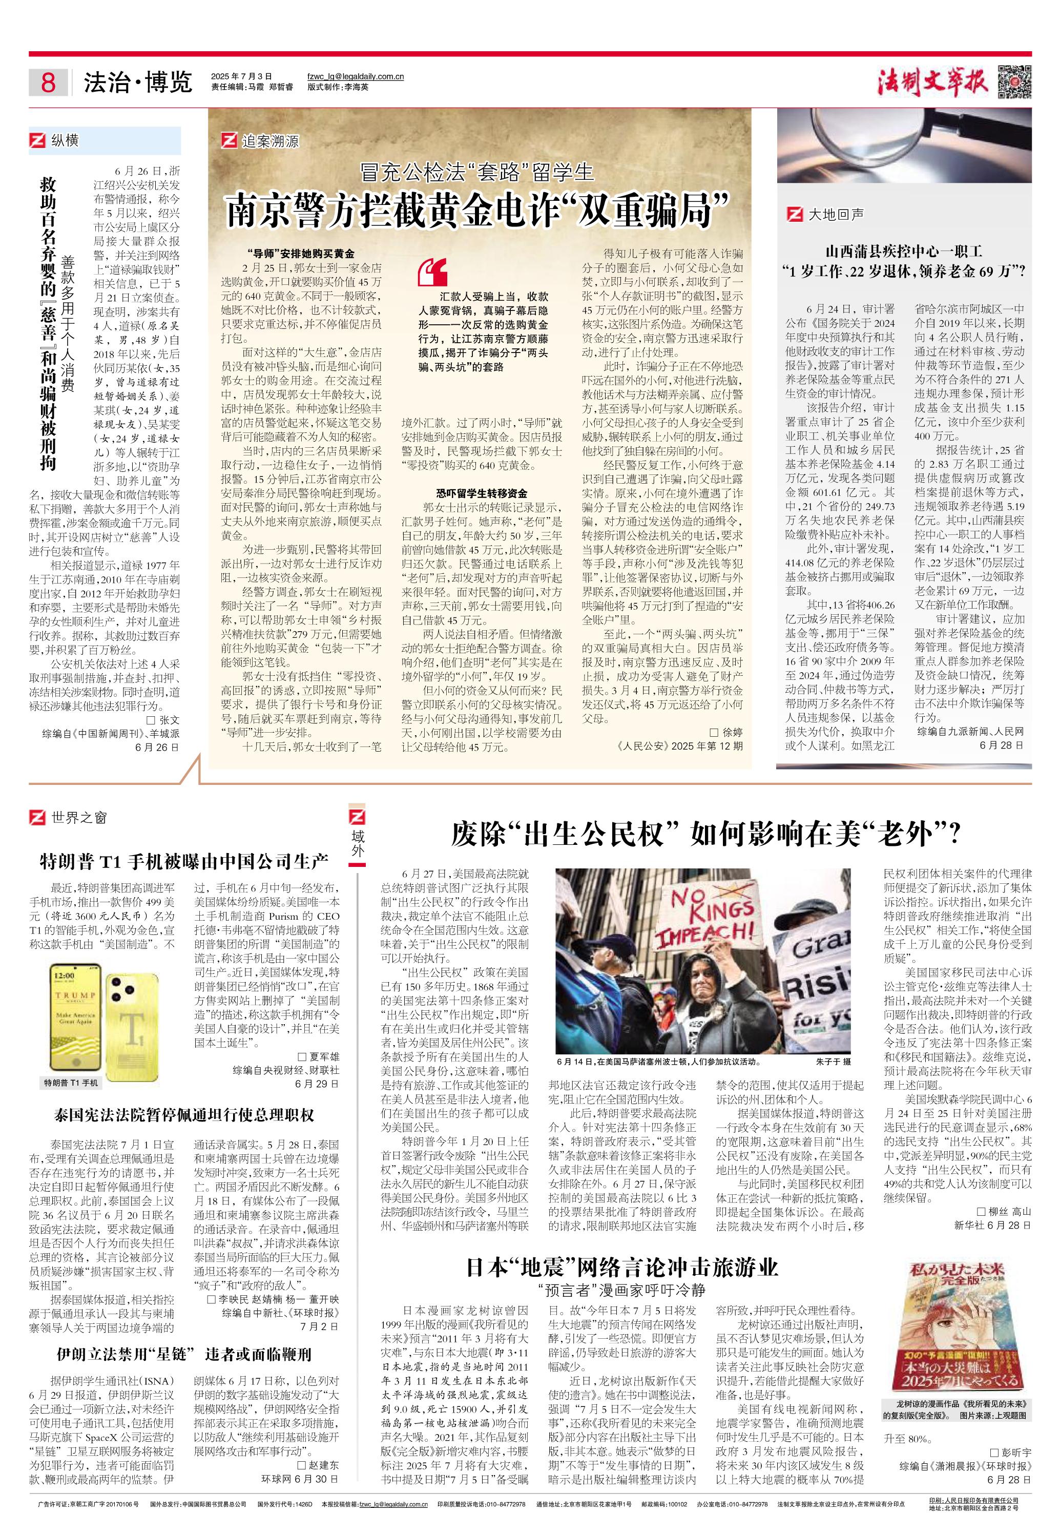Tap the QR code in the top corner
(x=1014, y=80)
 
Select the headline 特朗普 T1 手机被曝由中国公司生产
(x=184, y=862)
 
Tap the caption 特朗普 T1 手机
(x=70, y=1083)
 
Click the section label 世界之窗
(x=78, y=818)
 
